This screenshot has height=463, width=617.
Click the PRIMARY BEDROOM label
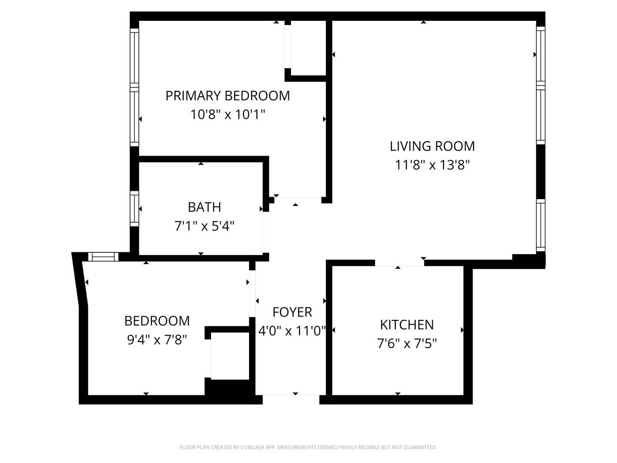pos(227,96)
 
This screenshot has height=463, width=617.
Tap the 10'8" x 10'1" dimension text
pos(227,114)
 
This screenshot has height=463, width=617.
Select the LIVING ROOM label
pos(432,146)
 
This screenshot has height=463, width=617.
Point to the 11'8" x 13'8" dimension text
pos(432,165)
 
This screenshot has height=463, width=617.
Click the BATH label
pos(204,207)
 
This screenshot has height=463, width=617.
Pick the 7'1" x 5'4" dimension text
pos(204,226)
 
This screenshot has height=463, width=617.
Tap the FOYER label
pos(292,312)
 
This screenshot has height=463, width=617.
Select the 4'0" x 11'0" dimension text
pos(292,331)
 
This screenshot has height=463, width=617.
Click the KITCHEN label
pos(406,325)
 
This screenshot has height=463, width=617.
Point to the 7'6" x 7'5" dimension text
pos(406,344)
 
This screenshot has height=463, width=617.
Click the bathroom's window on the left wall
pos(134,209)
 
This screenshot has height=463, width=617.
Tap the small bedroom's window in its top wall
pos(103,257)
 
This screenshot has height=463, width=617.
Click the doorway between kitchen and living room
pos(399,263)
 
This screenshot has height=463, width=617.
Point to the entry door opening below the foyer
pos(291,398)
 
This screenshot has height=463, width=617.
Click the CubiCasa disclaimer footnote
pos(308,447)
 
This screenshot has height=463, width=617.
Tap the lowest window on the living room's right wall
pos(540,225)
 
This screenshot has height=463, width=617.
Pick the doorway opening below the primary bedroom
pos(298,199)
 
